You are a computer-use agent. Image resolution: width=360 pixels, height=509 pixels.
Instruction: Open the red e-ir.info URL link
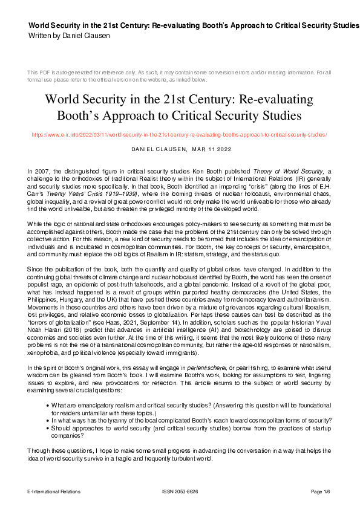coord(180,135)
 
